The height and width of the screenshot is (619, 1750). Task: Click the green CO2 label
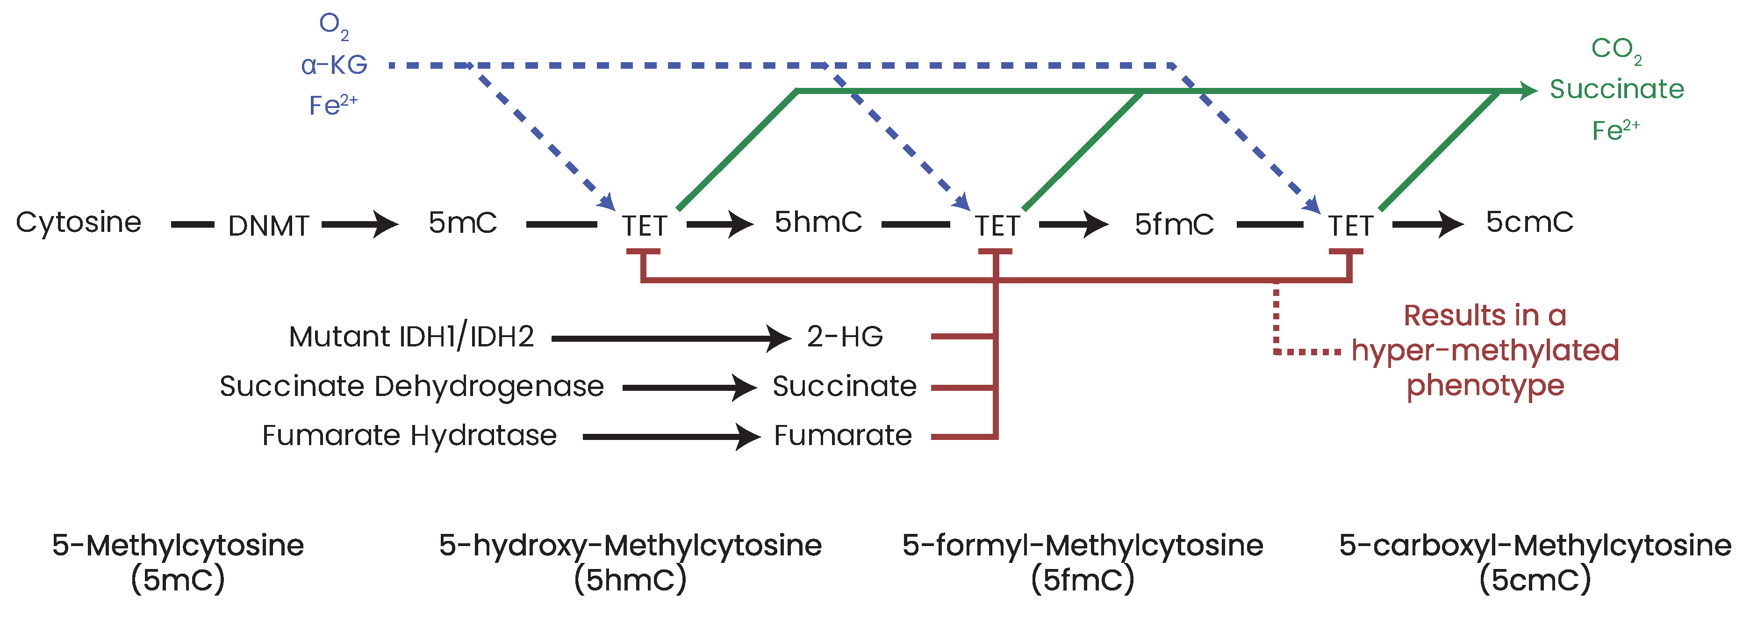click(x=1615, y=50)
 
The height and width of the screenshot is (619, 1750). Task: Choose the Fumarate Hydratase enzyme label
click(x=409, y=436)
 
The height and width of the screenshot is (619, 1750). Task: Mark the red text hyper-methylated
click(x=1485, y=351)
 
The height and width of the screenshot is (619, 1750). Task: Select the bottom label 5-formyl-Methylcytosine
click(x=1082, y=546)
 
